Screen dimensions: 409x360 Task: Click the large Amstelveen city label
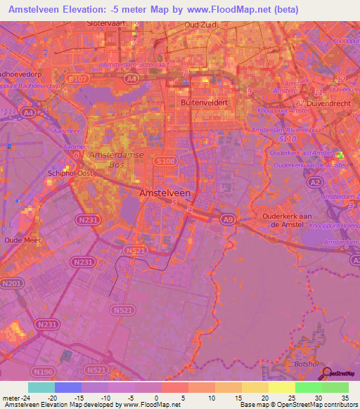tap(165, 192)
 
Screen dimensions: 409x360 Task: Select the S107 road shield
tap(79, 79)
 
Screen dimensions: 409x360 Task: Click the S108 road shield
tap(166, 161)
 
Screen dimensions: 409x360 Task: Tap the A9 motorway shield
tap(229, 219)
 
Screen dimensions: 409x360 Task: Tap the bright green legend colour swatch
tap(308, 387)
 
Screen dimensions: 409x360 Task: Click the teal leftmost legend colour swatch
tap(41, 387)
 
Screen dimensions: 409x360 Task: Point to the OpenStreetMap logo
tap(337, 374)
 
